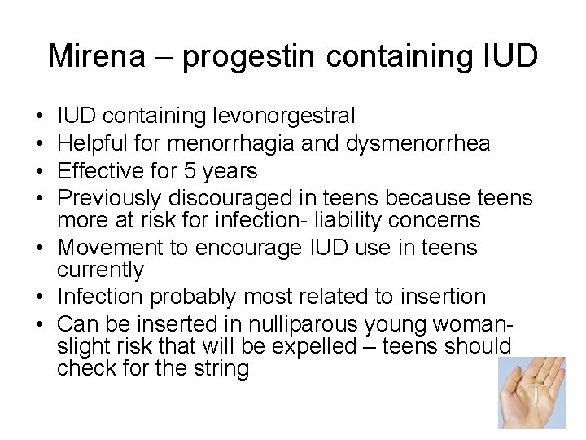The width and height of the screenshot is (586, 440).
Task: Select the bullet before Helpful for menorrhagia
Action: pos(40,144)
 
